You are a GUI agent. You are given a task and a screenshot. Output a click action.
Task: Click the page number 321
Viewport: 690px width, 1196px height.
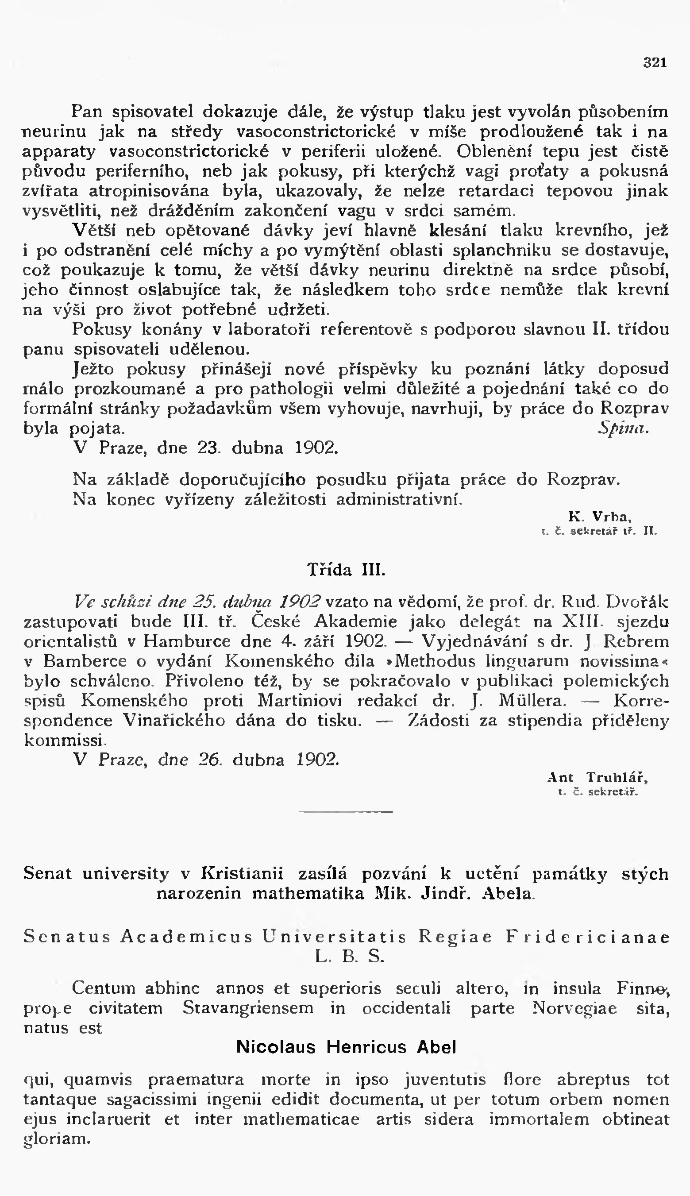(x=655, y=62)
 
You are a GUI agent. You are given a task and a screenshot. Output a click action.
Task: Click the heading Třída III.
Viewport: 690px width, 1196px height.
(x=347, y=569)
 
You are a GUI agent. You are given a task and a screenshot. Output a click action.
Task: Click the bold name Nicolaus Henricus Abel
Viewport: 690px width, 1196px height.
(x=346, y=1046)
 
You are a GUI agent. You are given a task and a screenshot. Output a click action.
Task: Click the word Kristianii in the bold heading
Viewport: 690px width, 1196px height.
(x=242, y=873)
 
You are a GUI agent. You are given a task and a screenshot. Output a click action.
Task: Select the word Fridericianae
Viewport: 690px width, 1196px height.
(x=588, y=937)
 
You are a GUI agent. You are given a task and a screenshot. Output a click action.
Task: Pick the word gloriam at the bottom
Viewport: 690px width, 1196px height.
(x=57, y=1138)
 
